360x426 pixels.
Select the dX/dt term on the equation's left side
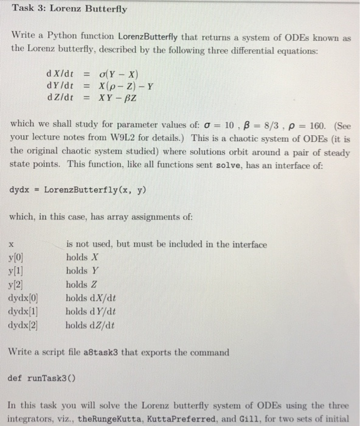click(x=60, y=74)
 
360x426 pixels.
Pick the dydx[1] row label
click(x=24, y=310)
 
